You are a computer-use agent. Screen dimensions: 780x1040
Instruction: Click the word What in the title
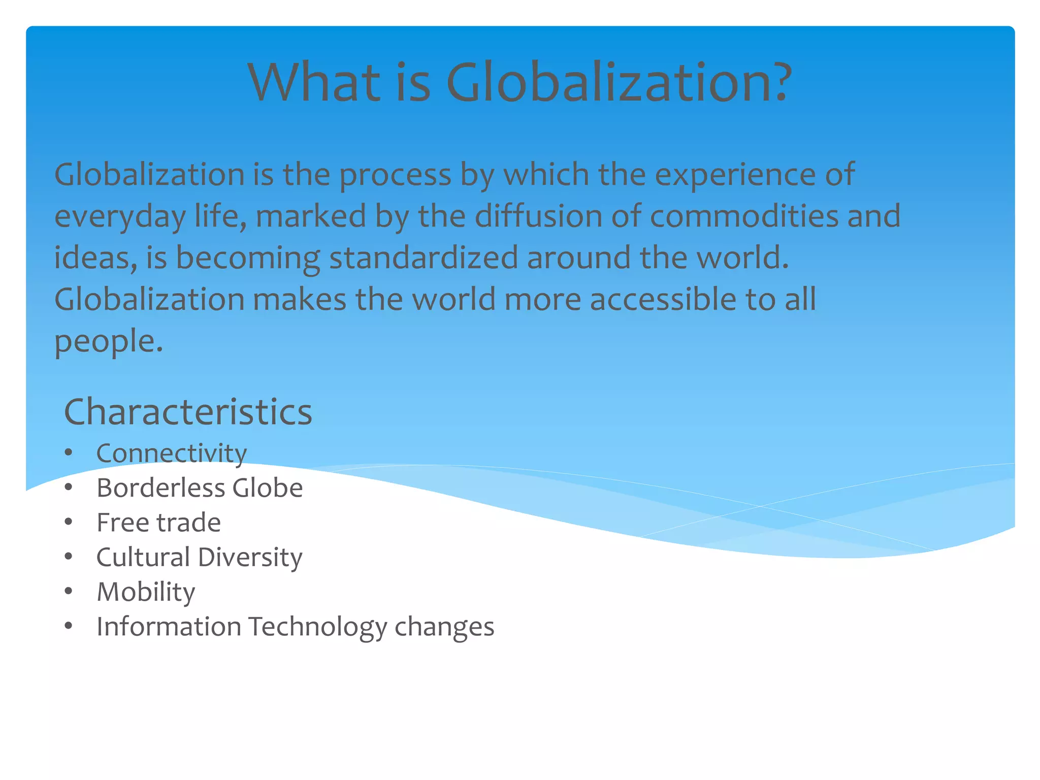[314, 82]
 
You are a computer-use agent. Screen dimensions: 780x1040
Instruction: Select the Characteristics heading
[188, 412]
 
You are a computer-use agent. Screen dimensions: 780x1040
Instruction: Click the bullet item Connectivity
[172, 453]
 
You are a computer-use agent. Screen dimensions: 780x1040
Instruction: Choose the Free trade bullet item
[158, 523]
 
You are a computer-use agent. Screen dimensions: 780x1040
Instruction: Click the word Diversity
[250, 558]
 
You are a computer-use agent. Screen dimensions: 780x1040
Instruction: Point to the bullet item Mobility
[146, 593]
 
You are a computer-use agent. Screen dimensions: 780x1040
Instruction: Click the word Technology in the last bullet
[318, 627]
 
